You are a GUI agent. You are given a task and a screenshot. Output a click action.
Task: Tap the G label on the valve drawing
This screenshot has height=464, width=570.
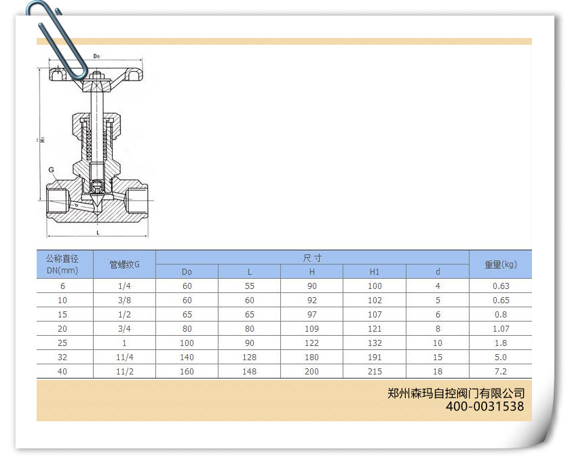[x=52, y=170]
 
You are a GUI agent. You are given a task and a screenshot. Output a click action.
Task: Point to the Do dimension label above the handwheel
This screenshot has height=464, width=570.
[x=96, y=56]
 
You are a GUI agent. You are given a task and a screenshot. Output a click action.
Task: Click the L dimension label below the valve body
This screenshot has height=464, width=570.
[x=98, y=233]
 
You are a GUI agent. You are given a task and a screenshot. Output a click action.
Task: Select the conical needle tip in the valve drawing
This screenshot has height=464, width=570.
[x=96, y=200]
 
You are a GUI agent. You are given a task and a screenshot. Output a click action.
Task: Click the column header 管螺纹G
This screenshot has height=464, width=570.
[x=124, y=265]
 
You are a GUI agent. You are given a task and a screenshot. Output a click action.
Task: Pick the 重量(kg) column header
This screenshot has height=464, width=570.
[x=501, y=265]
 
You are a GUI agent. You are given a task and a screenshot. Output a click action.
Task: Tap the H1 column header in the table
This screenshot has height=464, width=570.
[x=375, y=272]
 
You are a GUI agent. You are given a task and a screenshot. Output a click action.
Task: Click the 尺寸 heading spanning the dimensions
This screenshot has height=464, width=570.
[x=312, y=258]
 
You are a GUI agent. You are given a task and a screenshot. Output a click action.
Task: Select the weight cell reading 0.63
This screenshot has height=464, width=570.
[x=501, y=286]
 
